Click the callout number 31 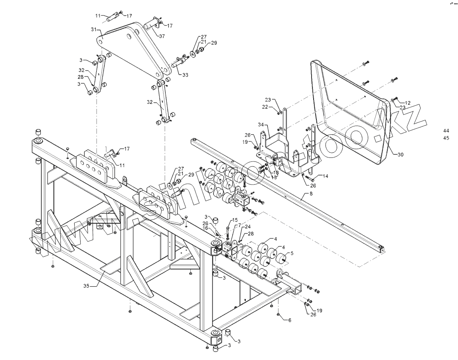click(x=93, y=30)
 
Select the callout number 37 click(x=162, y=36)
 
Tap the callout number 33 click(x=186, y=75)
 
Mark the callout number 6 click(x=290, y=320)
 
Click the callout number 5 click(x=292, y=252)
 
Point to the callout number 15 click(x=235, y=220)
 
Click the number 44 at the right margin click(x=446, y=130)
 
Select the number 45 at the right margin click(x=446, y=138)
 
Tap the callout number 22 click(x=276, y=107)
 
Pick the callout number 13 click(x=274, y=177)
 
